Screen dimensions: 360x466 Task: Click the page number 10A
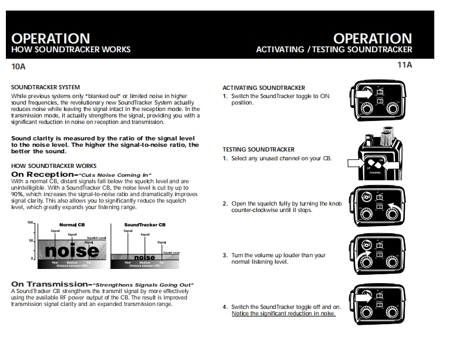(19, 66)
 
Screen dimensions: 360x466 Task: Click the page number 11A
(405, 65)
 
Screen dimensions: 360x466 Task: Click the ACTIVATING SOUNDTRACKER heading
(264, 88)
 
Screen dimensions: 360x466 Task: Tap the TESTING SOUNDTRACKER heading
(259, 150)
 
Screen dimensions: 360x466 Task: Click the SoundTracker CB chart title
(144, 225)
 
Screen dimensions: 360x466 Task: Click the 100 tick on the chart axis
(31, 223)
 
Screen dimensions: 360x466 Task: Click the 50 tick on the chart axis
(32, 241)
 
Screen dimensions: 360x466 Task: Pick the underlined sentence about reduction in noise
(284, 314)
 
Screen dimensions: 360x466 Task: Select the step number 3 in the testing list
(225, 255)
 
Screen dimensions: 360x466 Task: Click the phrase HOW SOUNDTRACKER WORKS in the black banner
(71, 50)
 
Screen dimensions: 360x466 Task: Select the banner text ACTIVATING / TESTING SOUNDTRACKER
(334, 50)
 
